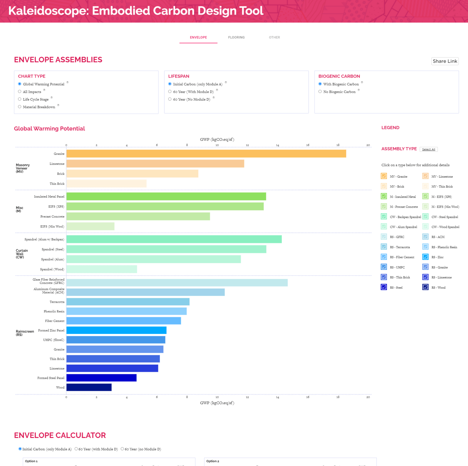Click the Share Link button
[x=445, y=61]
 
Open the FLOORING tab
[x=236, y=37]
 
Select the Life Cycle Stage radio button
[x=20, y=99]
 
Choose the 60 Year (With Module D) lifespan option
[x=170, y=92]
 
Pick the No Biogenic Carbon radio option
[x=320, y=92]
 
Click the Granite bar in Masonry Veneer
[x=206, y=154]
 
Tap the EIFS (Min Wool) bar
[x=90, y=226]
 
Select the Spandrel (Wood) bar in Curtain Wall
[x=101, y=269]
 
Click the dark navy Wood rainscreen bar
[x=89, y=387]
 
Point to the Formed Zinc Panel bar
[x=116, y=330]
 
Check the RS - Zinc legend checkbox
[x=425, y=257]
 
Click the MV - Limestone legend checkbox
[x=425, y=176]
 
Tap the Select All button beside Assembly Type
[x=429, y=149]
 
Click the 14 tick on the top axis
[x=277, y=145]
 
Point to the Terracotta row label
[x=57, y=302]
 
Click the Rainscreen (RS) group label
[x=25, y=333]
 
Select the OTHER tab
[x=274, y=37]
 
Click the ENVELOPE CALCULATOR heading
[x=60, y=435]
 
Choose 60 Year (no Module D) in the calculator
[x=123, y=449]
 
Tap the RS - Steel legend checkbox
[x=384, y=287]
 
